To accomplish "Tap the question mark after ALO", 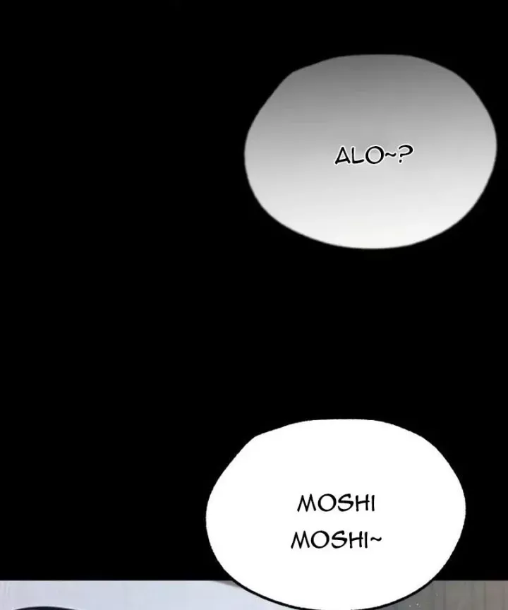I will coord(404,155).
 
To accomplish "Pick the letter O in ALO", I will coord(372,156).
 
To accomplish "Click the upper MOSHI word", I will coord(336,504).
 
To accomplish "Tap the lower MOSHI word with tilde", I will coord(336,542).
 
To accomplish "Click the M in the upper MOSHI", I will coord(307,504).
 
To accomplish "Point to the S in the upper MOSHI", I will coord(341,504).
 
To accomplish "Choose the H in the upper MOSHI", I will coord(358,504).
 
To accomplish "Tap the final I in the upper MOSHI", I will coord(371,504).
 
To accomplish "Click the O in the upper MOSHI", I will coord(325,504).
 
